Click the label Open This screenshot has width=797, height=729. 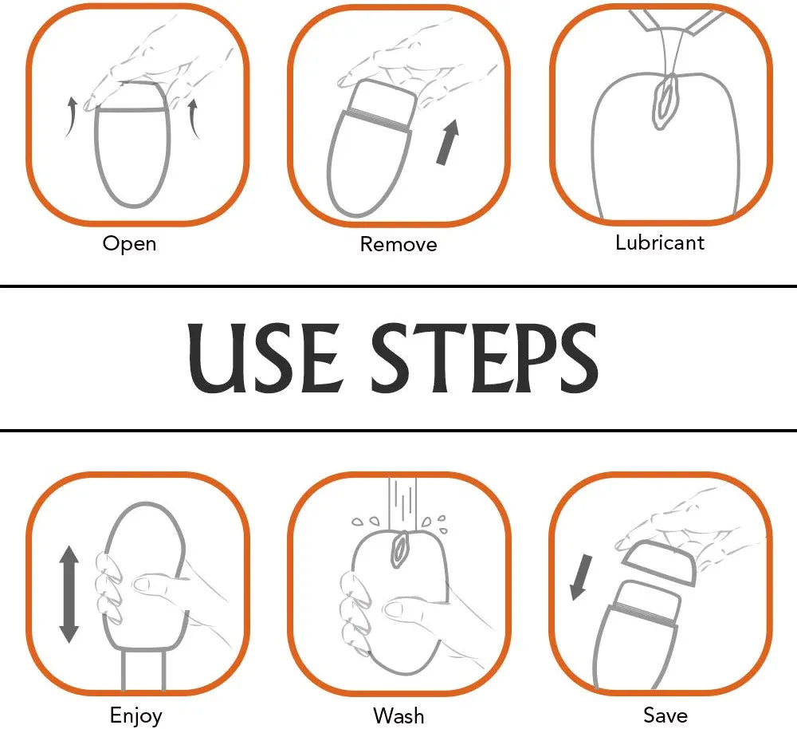click(129, 244)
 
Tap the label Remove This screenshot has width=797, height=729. click(398, 245)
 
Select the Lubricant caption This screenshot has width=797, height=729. click(660, 242)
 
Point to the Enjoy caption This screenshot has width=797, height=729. click(135, 715)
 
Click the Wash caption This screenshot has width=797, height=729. click(398, 715)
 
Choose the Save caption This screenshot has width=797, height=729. click(665, 715)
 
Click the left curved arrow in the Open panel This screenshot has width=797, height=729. click(71, 117)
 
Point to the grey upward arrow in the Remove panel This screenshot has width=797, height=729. click(447, 143)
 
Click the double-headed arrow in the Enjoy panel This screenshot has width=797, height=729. click(69, 594)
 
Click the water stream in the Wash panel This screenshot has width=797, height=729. click(402, 503)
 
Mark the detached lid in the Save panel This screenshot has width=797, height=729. click(658, 562)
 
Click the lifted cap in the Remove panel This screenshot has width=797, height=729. click(383, 105)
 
